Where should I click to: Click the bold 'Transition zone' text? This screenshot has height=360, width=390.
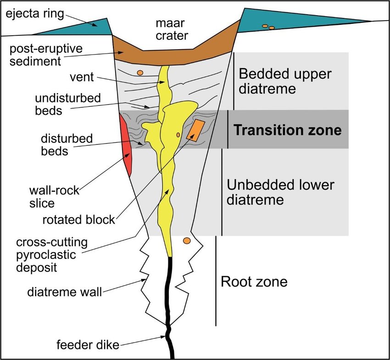pyautogui.click(x=288, y=130)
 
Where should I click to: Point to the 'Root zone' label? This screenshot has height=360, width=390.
pyautogui.click(x=254, y=281)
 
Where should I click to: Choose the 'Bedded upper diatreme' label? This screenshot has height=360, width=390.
pyautogui.click(x=279, y=81)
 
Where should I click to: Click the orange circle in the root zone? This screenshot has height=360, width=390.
pyautogui.click(x=186, y=241)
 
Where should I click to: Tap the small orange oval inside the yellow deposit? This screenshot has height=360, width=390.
pyautogui.click(x=178, y=135)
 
